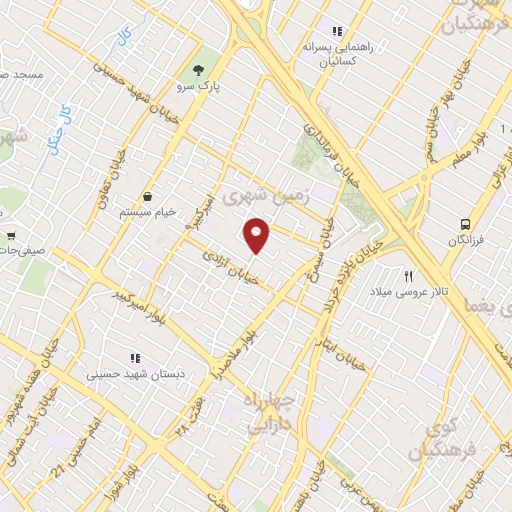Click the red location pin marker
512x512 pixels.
tap(258, 234)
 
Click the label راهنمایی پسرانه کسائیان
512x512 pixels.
tap(338, 54)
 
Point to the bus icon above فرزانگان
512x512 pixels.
tap(465, 224)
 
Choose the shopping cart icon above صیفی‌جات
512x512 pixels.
tap(11, 237)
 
